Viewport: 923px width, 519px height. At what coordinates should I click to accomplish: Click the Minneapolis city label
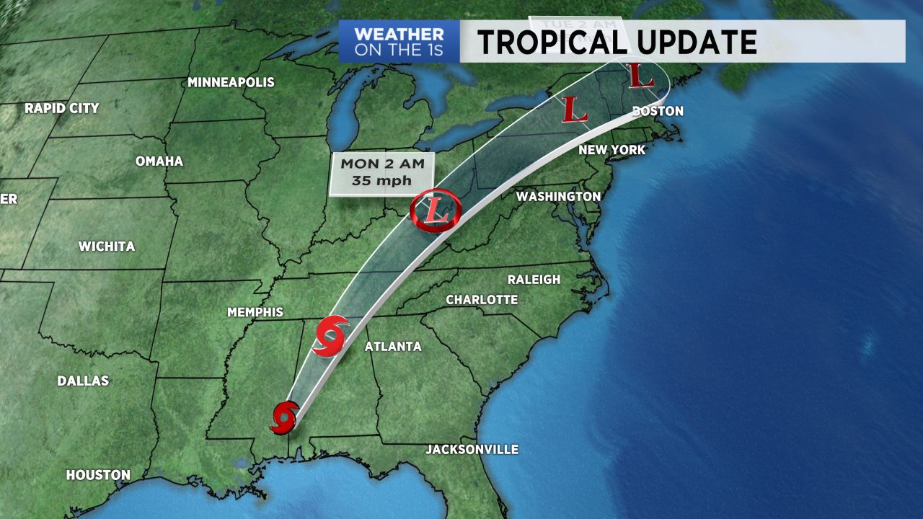pos(231,82)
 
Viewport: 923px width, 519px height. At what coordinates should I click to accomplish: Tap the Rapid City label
pos(61,108)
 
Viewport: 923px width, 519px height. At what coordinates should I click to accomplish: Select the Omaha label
pos(159,161)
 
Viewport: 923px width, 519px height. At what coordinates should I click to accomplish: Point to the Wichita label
pos(107,247)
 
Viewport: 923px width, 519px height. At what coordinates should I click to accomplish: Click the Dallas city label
pos(83,381)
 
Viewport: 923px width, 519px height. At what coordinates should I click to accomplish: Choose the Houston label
pos(98,475)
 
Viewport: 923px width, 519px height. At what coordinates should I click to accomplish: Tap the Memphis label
pos(255,312)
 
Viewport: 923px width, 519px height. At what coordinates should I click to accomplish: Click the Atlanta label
pos(393,347)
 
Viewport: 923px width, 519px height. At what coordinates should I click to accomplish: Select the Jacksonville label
pos(472,450)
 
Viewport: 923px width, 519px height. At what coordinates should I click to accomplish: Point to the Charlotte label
pos(482,299)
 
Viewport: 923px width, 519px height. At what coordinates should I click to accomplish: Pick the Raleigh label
pos(534,280)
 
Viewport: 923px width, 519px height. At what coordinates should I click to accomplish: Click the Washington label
pos(558,196)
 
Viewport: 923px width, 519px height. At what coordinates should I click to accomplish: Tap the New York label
pos(612,150)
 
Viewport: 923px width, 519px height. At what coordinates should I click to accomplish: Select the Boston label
pos(657,111)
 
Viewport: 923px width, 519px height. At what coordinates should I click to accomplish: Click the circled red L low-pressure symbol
pos(433,210)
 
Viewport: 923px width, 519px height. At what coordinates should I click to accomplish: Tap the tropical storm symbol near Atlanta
pos(331,335)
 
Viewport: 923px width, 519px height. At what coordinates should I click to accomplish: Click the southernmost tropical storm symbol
pos(284,417)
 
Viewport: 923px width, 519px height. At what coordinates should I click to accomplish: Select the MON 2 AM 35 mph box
pos(381,173)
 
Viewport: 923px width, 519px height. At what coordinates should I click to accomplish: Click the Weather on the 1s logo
pos(399,42)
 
